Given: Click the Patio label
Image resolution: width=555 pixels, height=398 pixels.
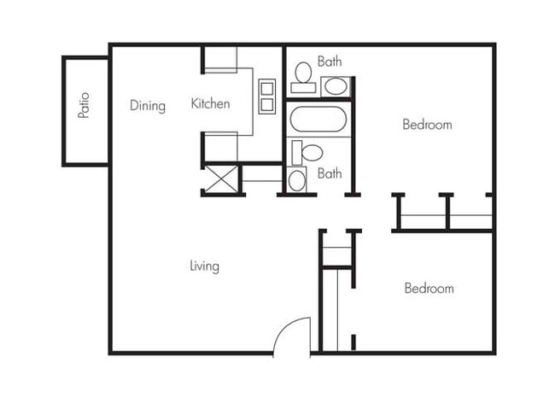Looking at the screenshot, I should click(84, 104).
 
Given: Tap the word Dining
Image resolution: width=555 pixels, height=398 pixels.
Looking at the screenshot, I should click(148, 106).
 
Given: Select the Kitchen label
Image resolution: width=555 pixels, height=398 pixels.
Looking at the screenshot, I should click(210, 104).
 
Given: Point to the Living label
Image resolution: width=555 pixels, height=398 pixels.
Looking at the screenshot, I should click(204, 266).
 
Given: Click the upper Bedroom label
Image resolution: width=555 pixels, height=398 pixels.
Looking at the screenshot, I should click(427, 125).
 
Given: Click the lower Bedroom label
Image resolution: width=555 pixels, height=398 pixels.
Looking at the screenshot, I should click(429, 289).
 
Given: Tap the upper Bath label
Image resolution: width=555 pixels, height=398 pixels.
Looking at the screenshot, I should click(330, 61).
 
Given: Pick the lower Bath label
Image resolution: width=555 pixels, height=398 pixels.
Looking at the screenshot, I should click(330, 173).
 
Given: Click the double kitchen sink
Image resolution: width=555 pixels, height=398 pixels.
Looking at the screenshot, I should click(266, 96).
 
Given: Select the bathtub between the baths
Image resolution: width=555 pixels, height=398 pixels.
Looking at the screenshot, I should click(318, 120).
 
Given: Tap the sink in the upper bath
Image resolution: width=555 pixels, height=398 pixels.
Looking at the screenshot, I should click(336, 85).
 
